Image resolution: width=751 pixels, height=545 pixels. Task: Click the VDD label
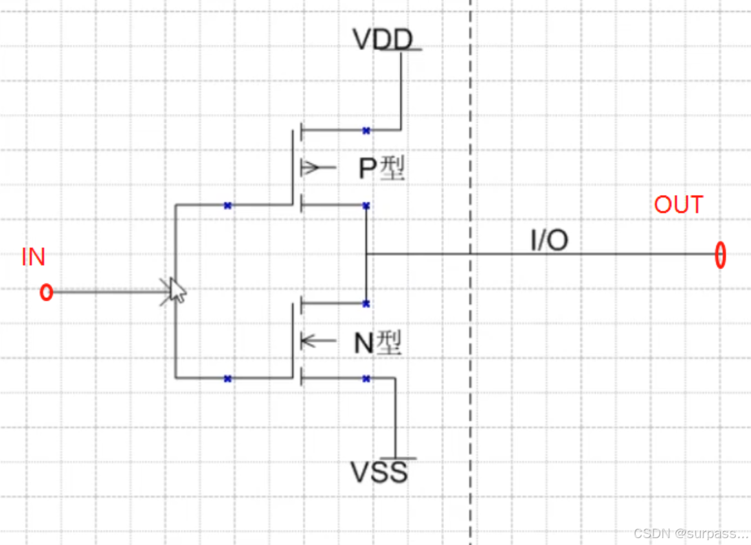coord(383,39)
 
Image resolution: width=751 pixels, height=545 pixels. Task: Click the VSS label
coord(379,472)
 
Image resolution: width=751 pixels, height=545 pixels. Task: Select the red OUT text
coord(678,205)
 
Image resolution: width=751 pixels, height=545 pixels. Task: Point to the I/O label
coord(549,240)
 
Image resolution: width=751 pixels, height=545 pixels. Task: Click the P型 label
coord(382,168)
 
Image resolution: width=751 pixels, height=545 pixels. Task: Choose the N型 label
coord(377,343)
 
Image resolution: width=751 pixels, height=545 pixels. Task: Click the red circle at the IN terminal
coord(46,292)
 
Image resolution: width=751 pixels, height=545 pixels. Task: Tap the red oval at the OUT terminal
coord(719,255)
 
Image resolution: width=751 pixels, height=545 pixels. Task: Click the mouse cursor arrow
coord(177,290)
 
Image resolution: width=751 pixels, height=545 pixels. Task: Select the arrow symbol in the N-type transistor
coord(309,340)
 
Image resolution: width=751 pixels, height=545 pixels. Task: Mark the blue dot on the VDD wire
coord(366,130)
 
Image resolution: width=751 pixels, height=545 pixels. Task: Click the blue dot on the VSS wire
coord(366,378)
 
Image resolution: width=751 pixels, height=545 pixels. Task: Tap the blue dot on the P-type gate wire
coord(227,205)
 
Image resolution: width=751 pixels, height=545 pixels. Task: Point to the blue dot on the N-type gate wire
coord(227,378)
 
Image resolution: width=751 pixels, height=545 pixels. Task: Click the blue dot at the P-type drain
coord(366,205)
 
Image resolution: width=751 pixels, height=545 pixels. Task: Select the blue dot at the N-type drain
coord(366,303)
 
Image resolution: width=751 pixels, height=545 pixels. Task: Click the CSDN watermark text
coord(691,533)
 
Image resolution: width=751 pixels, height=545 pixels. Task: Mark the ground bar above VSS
coord(399,458)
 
